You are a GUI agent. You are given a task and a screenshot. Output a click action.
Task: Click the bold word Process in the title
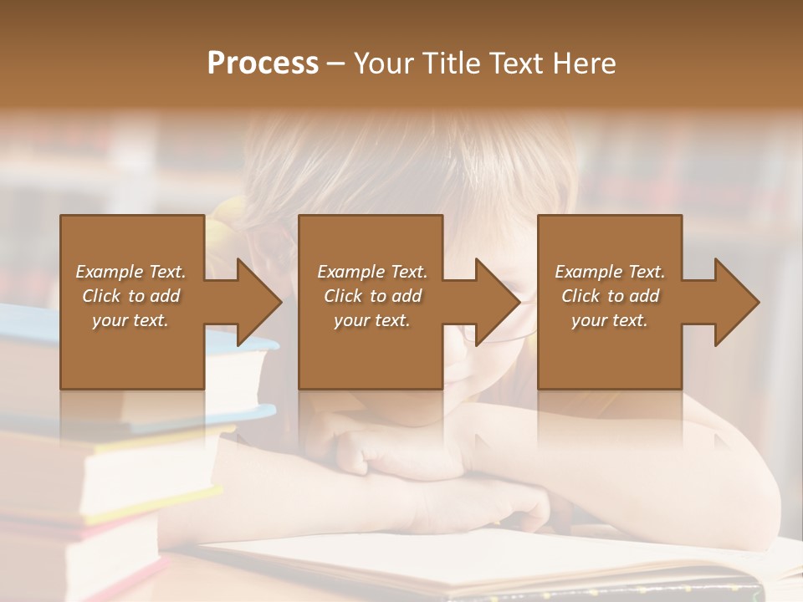pos(263,64)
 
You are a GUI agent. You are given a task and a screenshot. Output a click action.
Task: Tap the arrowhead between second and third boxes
pos(497,302)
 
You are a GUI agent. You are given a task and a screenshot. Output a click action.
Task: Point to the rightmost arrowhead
pos(736,302)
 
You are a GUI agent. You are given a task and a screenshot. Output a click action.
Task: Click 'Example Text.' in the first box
pos(130,272)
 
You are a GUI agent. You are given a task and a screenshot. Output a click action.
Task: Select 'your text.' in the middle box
pos(371,320)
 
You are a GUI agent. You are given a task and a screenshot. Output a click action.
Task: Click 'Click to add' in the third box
pos(611,296)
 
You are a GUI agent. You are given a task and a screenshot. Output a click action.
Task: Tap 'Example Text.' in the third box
pos(610,272)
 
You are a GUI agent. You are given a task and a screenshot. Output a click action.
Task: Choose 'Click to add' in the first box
pos(131,296)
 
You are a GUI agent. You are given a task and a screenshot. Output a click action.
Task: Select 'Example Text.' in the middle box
pos(372,272)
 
